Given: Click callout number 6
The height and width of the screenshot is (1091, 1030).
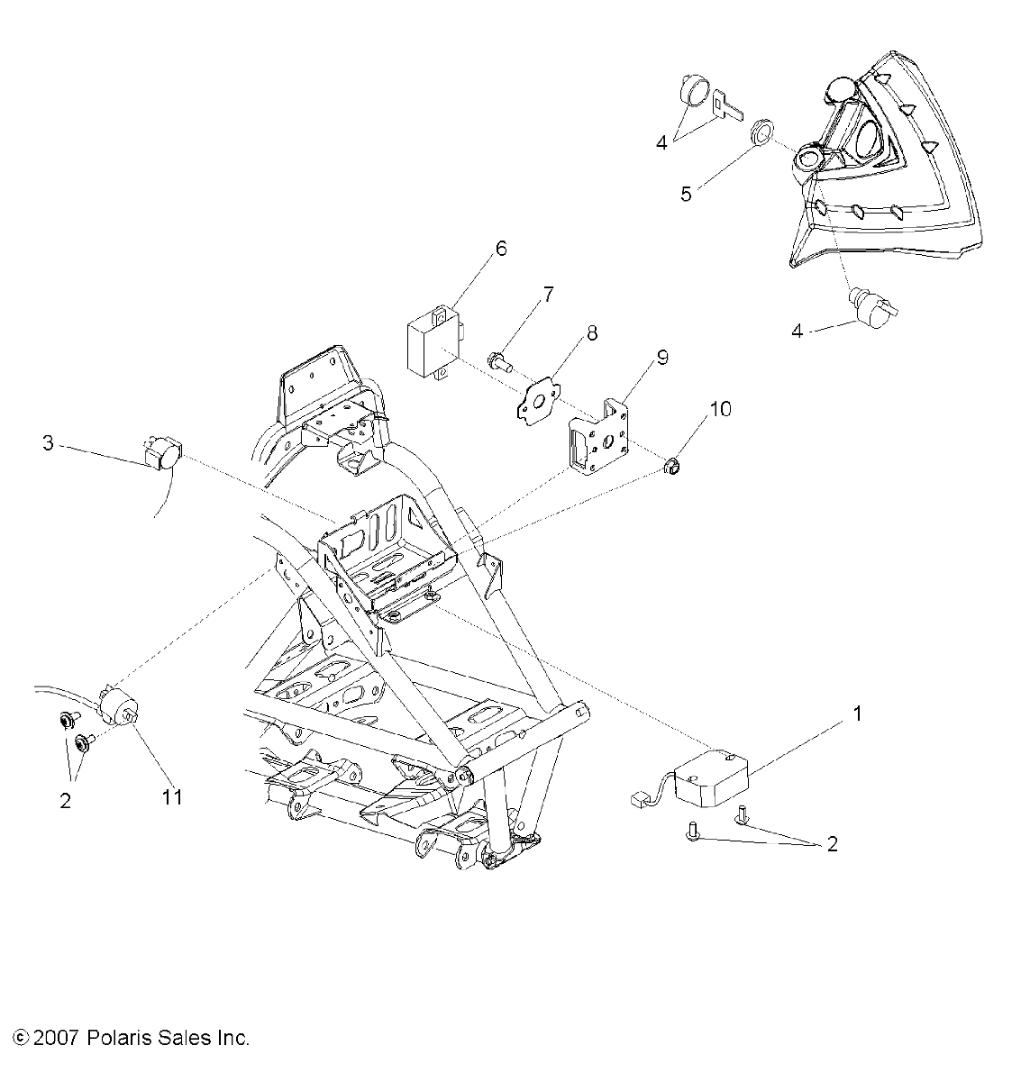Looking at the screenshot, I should tap(501, 249).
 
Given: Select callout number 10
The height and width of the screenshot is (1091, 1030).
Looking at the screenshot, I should tap(721, 409).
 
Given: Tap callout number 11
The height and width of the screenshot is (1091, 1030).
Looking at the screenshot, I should tap(172, 796).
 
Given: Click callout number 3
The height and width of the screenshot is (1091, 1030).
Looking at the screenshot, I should tap(50, 443).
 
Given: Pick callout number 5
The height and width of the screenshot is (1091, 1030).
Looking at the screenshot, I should tap(687, 194).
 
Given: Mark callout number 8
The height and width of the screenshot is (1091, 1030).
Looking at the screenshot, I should tap(591, 333).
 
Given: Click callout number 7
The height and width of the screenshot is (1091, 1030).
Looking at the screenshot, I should tap(548, 295).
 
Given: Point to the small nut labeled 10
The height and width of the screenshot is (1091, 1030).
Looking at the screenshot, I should tap(671, 466).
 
